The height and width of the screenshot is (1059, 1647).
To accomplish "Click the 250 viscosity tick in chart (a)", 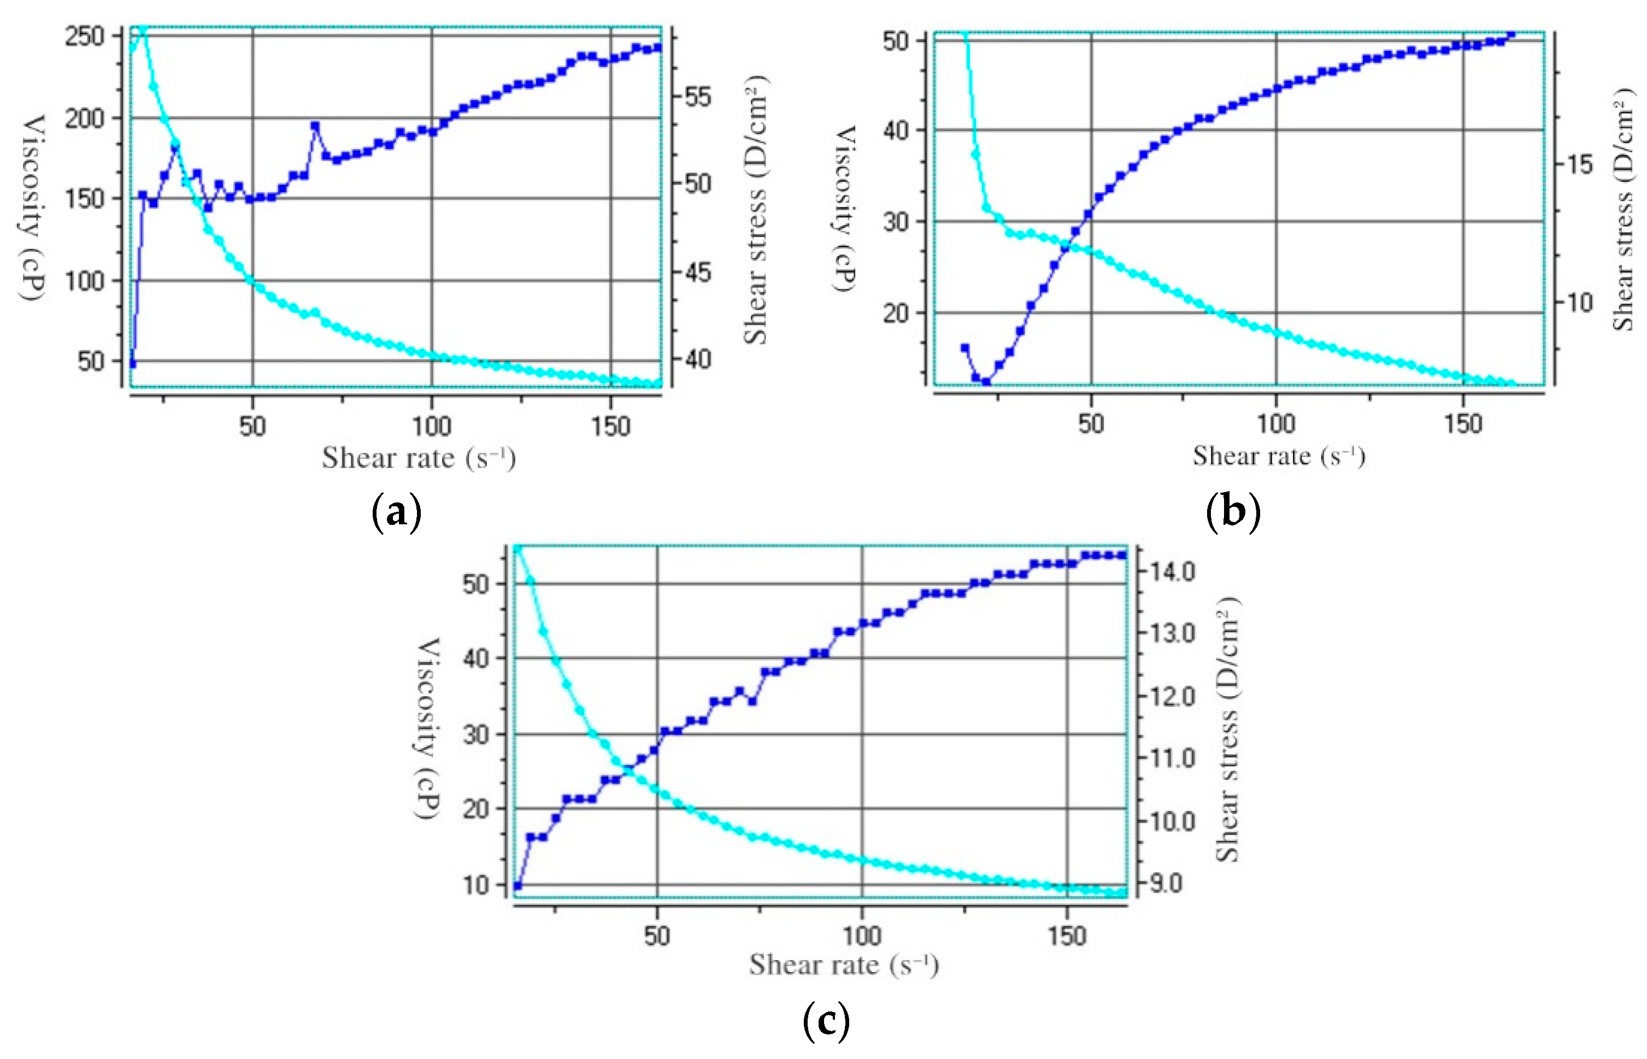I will click(84, 36).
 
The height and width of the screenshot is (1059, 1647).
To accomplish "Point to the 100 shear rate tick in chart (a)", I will click(431, 427).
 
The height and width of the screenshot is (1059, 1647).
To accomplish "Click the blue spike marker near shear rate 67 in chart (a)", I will click(315, 126).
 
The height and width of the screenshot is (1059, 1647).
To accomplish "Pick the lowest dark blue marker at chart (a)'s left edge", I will click(133, 364).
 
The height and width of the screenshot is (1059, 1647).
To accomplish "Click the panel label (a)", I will click(396, 512).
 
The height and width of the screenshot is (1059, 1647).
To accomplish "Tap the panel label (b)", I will click(1233, 512).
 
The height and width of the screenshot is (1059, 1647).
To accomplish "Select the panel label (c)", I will click(826, 1021).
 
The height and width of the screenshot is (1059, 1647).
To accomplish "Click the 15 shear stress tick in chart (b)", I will click(1579, 164).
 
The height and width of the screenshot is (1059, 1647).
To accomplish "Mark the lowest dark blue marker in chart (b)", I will click(986, 382).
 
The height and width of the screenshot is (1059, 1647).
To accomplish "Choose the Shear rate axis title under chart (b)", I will click(1278, 456).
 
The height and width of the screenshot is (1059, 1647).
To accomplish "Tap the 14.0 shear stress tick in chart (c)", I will click(1172, 571).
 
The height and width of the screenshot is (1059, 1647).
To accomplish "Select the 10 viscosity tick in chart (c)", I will click(475, 885).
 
